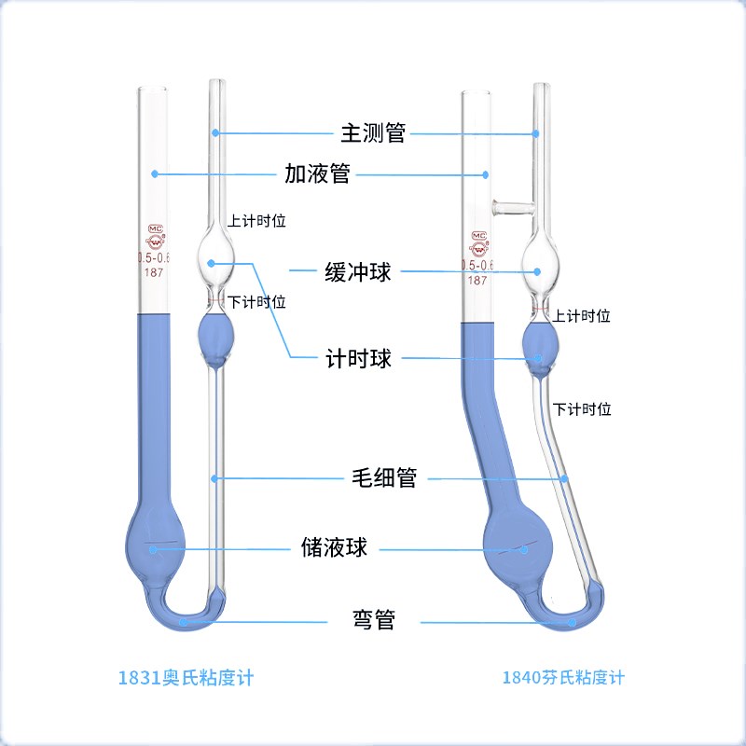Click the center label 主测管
pos(372,132)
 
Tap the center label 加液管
pos(317,173)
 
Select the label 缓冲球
pos(357,272)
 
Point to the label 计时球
pos(357,359)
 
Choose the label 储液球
pos(334,547)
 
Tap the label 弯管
pos(373,619)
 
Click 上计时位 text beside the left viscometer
pos(256,222)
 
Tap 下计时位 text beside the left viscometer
pos(256,301)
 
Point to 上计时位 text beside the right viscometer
pos(581,316)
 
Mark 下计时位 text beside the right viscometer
pos(581,408)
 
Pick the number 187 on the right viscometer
pos(477,280)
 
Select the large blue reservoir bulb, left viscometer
pos(155,547)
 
